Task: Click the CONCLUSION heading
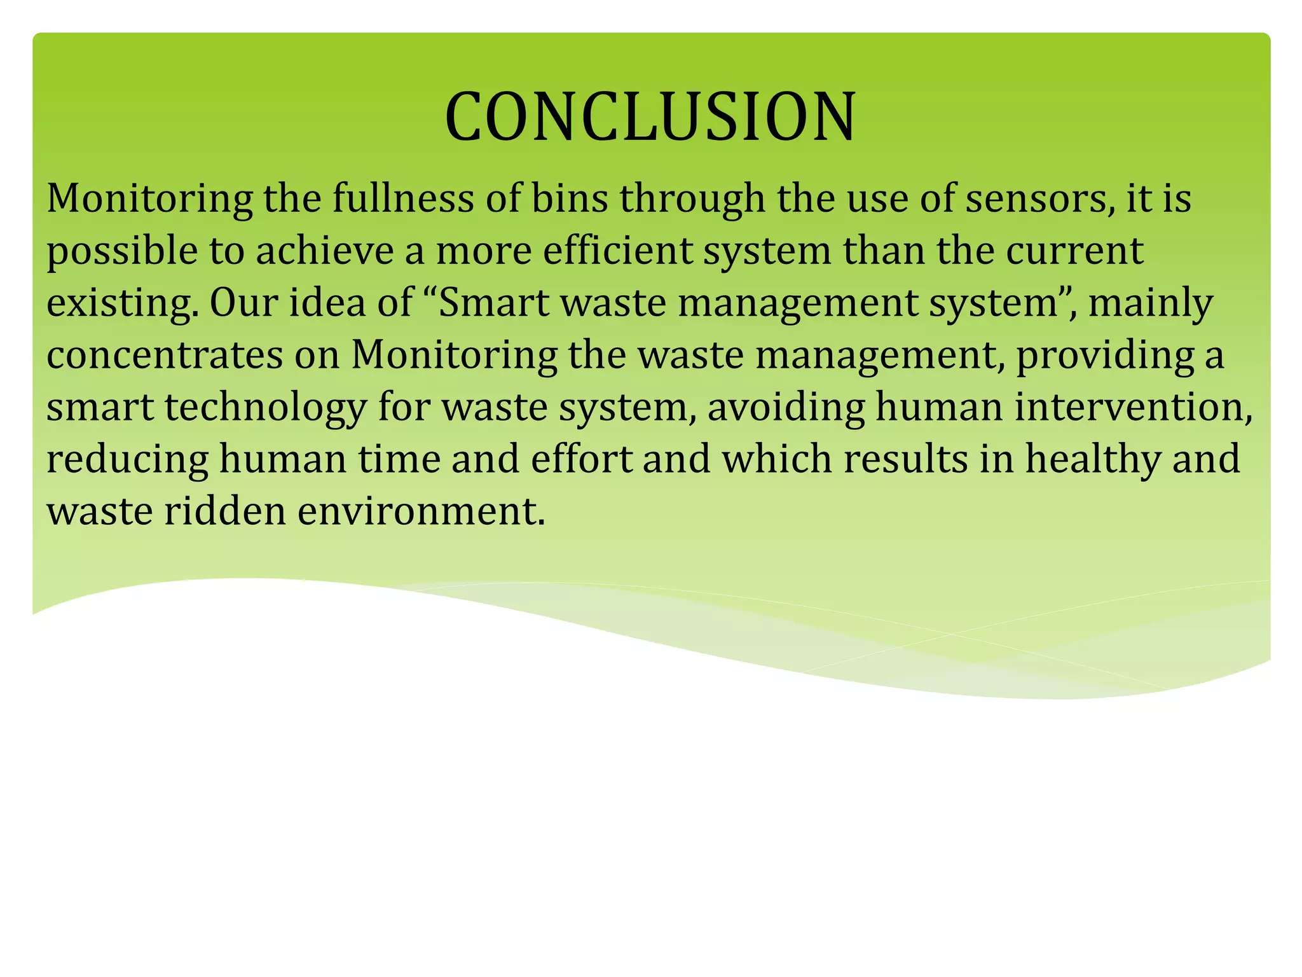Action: [x=650, y=117]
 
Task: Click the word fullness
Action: [x=403, y=198]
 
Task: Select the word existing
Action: [x=118, y=303]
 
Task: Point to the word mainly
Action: [x=1151, y=303]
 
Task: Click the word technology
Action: [x=266, y=408]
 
